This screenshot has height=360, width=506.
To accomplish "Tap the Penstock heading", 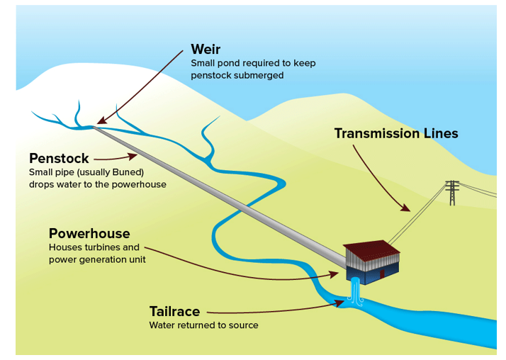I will [60, 158].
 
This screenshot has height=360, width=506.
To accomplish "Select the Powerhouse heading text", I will [89, 233].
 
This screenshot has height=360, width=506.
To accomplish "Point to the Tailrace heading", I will [174, 311].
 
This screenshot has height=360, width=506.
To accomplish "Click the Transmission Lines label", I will [396, 133].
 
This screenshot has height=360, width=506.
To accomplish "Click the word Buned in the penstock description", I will [128, 172].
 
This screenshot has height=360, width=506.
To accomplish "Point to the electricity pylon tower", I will [451, 193].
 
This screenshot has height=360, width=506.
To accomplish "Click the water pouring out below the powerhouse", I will [356, 293].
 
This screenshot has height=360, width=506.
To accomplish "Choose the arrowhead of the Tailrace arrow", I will [341, 303].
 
